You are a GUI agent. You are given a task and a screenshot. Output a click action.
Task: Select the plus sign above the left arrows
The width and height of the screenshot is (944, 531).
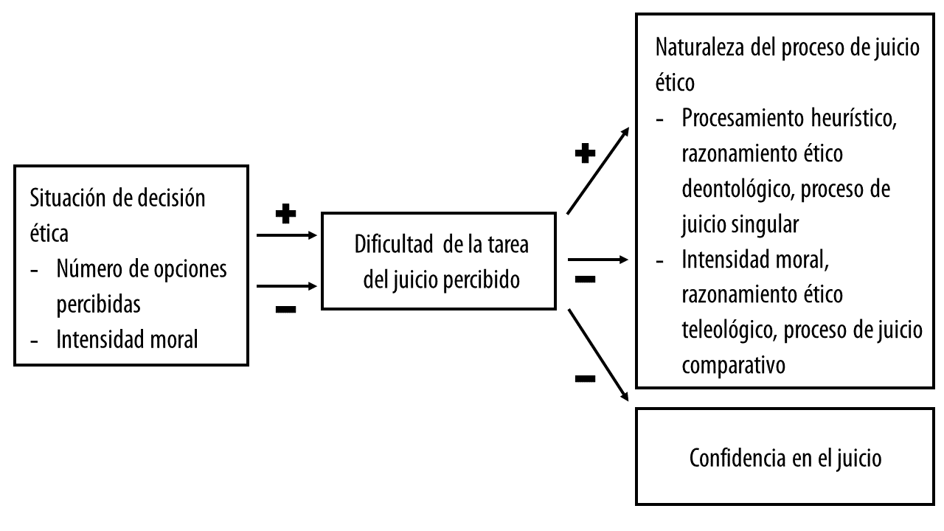[285, 215]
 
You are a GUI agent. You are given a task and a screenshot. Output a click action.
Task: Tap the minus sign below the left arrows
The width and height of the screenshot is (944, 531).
[285, 310]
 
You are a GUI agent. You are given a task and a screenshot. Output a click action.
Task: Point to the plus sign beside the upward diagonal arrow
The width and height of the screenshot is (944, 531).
[585, 155]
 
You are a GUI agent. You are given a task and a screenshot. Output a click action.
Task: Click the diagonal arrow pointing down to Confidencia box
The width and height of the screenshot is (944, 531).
[597, 354]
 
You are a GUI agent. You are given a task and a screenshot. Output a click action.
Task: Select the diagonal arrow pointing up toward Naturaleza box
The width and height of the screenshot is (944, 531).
[597, 170]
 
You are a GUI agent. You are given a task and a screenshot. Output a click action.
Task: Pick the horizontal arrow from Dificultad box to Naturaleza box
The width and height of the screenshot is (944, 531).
[597, 260]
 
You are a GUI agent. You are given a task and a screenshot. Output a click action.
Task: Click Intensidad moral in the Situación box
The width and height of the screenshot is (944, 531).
[127, 340]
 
